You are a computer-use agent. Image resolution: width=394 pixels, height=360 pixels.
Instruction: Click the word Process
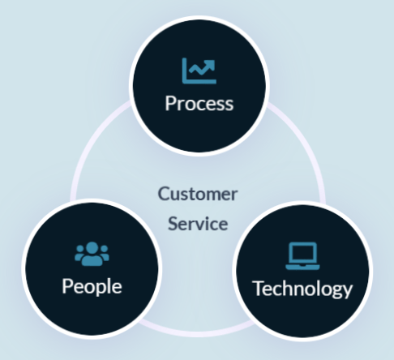click(199, 104)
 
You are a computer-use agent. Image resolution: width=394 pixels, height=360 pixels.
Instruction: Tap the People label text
click(92, 287)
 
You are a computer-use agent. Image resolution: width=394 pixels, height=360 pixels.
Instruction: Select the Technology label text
click(302, 289)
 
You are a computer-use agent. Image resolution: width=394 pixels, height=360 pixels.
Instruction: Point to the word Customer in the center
click(198, 194)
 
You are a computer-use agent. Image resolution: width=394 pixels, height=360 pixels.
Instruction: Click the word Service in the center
click(198, 224)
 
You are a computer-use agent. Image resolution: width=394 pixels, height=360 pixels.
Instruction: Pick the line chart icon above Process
click(199, 71)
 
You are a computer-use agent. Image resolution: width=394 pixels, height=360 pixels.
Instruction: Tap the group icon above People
click(92, 254)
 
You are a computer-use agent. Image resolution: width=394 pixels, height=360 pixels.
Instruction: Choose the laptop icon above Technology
click(302, 256)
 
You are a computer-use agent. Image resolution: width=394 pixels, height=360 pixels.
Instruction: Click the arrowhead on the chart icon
click(210, 65)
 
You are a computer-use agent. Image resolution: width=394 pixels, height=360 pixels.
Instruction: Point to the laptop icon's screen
click(302, 252)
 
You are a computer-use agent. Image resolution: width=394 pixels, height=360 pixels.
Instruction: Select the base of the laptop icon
click(302, 268)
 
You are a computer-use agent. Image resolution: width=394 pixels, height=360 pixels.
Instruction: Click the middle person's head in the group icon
click(92, 248)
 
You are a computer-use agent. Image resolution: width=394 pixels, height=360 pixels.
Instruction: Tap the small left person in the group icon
click(79, 254)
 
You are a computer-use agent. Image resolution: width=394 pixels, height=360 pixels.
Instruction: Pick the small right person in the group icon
click(105, 254)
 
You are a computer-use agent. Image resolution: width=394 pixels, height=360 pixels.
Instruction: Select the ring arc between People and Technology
click(197, 334)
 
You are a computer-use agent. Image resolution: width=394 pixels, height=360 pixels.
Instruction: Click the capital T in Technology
click(258, 289)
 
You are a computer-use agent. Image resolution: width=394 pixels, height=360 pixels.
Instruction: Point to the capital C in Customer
click(164, 194)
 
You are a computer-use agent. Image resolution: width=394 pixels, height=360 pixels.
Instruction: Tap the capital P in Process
click(170, 103)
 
